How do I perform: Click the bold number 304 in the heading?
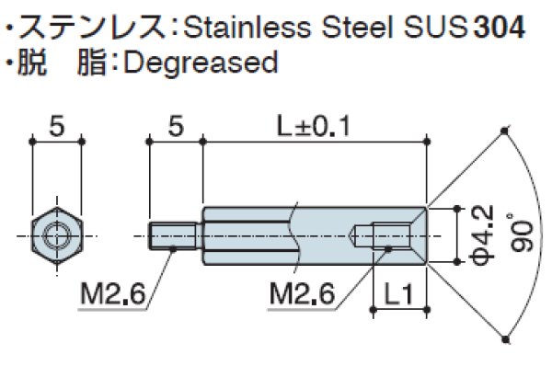(500, 27)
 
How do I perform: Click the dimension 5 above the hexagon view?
(57, 127)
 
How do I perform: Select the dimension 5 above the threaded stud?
(174, 127)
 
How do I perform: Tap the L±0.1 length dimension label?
(315, 126)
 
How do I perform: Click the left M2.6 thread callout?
(109, 296)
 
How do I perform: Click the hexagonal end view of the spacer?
(57, 235)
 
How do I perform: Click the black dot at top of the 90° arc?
(506, 131)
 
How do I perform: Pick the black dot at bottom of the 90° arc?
(506, 340)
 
